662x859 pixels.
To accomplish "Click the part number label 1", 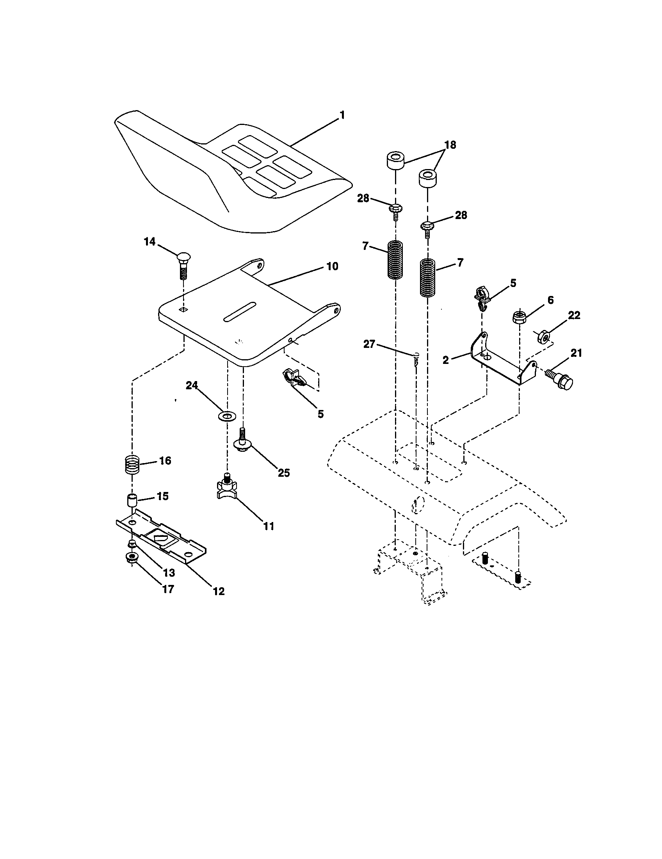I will point(342,115).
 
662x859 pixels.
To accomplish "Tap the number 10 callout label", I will point(332,266).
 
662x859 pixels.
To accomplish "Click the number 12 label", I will point(219,591).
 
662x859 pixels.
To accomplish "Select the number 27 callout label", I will point(369,344).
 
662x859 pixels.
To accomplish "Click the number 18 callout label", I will point(450,145).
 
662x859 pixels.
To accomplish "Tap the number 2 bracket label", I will point(445,360).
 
